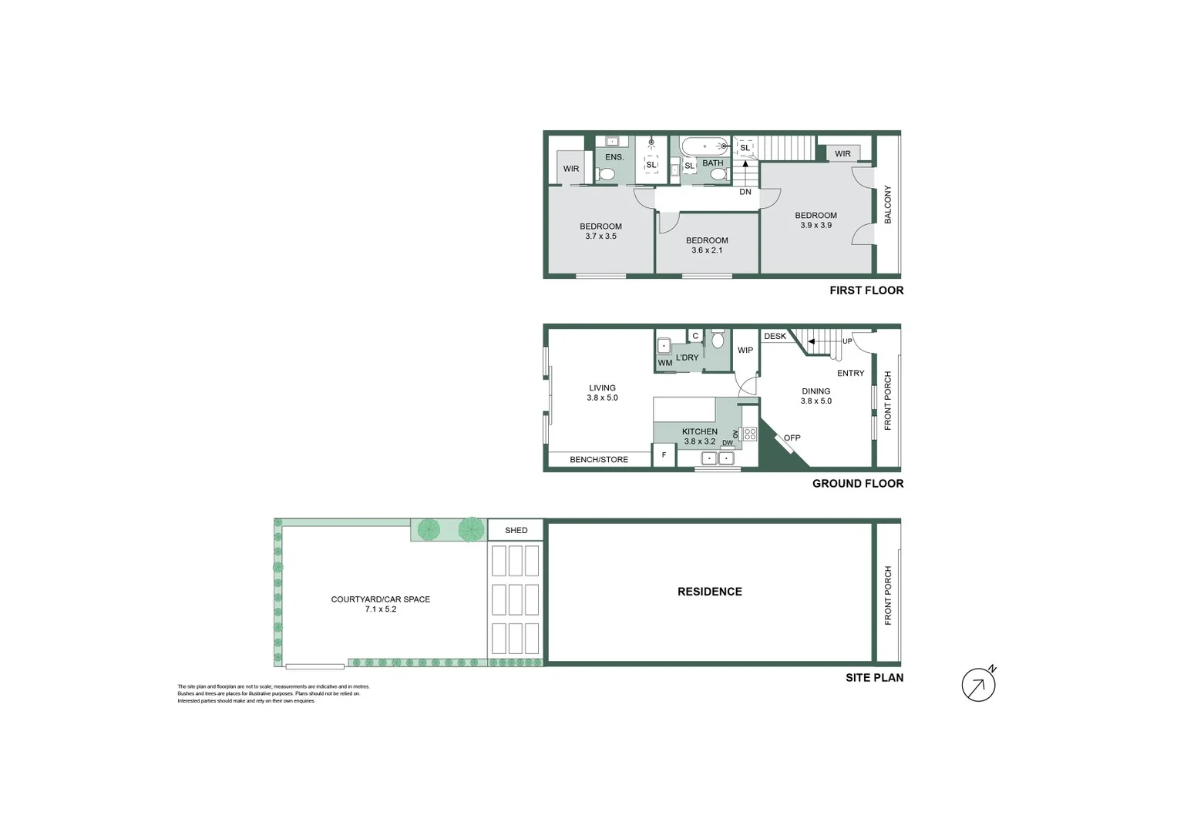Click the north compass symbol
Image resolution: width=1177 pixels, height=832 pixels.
tap(979, 685)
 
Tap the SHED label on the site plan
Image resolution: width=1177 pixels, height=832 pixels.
tap(516, 530)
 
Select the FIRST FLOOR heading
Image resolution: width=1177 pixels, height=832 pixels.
tap(866, 290)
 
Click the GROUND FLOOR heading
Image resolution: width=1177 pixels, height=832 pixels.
tap(858, 484)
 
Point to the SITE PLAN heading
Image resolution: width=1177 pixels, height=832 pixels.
tap(874, 678)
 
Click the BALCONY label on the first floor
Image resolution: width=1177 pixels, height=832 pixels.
tap(888, 205)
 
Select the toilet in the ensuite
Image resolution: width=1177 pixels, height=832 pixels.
tap(607, 174)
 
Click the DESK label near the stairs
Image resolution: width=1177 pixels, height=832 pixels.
tap(775, 336)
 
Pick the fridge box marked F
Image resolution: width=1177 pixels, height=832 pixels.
tap(664, 455)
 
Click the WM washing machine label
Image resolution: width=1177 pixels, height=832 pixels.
tap(664, 363)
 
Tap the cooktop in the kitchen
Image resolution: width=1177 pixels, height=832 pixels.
tap(749, 434)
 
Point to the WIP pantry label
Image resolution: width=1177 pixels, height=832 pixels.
tap(745, 350)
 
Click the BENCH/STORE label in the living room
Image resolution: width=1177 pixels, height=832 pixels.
tap(599, 460)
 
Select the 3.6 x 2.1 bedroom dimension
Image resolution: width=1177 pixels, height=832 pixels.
tap(707, 250)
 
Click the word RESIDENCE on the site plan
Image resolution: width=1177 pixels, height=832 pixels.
tap(710, 592)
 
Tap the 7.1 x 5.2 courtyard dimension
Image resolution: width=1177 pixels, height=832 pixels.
tap(381, 609)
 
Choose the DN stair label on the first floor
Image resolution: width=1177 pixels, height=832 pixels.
tap(745, 192)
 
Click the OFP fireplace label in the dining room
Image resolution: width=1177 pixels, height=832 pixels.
tap(792, 438)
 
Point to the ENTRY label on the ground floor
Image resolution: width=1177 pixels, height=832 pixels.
tap(851, 373)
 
